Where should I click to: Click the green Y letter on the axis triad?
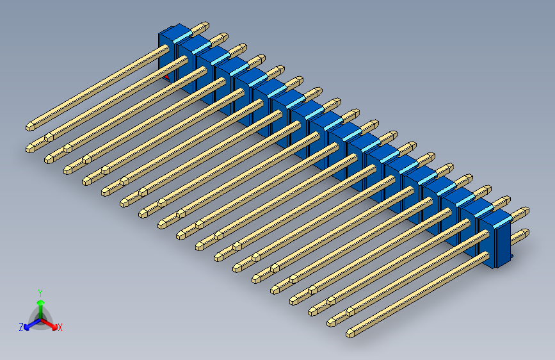(x=40, y=292)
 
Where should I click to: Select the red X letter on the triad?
(x=60, y=328)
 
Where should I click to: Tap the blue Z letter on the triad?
(x=21, y=327)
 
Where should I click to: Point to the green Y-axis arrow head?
(x=40, y=302)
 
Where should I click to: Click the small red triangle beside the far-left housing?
(x=166, y=76)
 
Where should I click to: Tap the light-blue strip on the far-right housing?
(x=503, y=220)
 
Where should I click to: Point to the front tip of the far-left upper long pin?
(x=31, y=125)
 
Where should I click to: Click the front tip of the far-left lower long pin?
(x=31, y=148)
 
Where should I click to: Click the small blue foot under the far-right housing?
(x=511, y=259)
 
